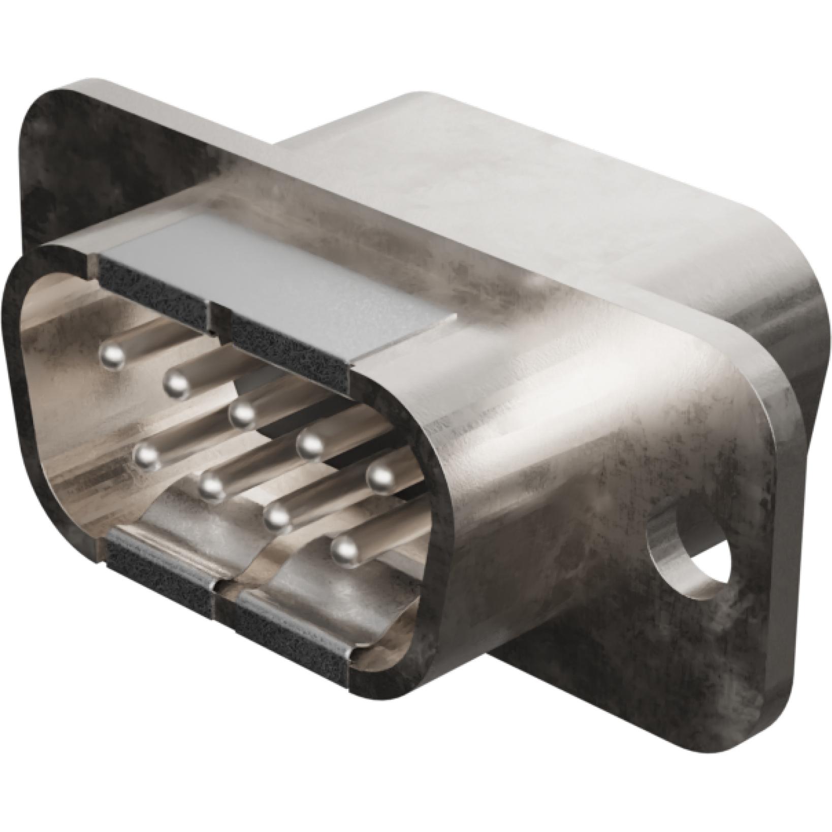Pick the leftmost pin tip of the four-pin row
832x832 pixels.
(x=147, y=456)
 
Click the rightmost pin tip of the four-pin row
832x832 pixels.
(x=345, y=549)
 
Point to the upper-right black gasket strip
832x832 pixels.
(x=290, y=356)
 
